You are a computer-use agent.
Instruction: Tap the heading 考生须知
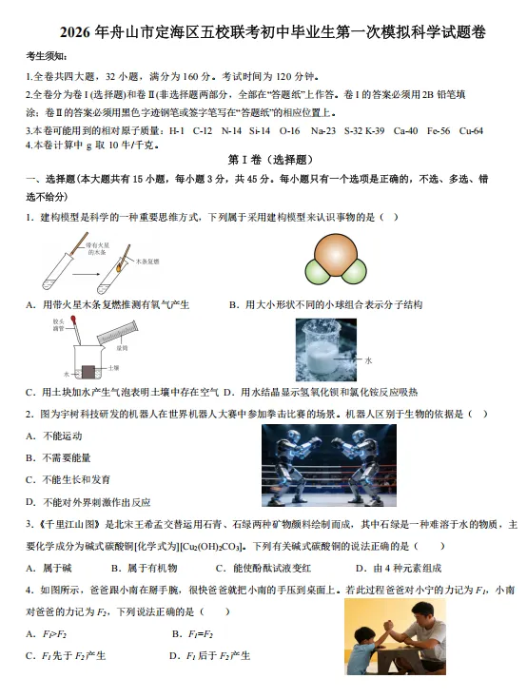[x=47, y=57]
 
